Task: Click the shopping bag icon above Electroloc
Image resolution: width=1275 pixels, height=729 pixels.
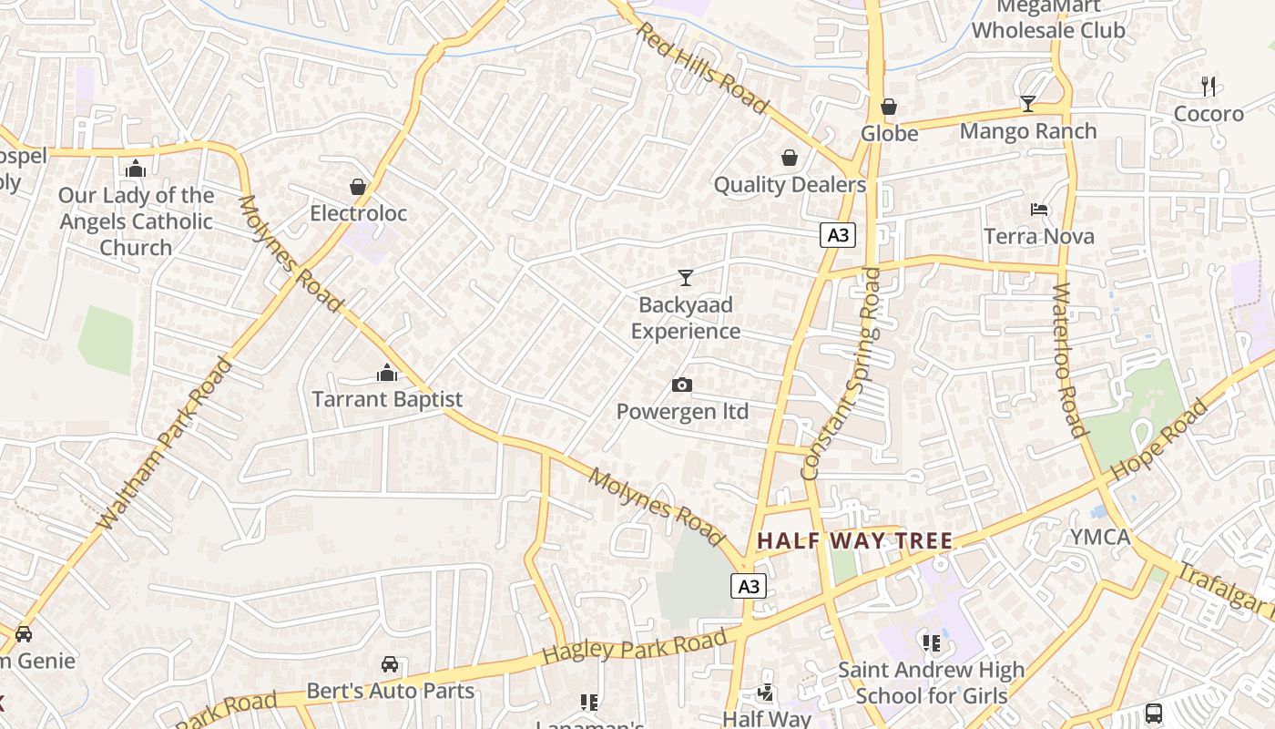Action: coord(358,187)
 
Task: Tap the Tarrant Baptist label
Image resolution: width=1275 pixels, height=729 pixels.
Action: coord(387,399)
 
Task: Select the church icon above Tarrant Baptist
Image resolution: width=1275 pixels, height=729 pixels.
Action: coord(387,373)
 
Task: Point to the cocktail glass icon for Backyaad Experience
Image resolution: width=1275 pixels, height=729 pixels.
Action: coord(686,278)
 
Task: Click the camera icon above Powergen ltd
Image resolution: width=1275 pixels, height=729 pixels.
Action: coord(681,385)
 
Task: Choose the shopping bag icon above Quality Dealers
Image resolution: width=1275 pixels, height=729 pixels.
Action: coord(790,159)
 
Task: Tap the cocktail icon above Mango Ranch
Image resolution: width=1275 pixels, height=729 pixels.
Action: coord(1028,104)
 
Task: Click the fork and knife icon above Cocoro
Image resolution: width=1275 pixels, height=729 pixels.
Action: coord(1209,87)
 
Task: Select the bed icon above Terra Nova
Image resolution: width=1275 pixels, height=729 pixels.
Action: coord(1039,210)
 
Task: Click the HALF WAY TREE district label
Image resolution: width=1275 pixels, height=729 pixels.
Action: coord(854,541)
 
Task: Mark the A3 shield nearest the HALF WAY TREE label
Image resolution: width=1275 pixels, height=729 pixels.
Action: coord(748,586)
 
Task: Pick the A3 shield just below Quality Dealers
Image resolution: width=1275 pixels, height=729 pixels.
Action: coord(837,235)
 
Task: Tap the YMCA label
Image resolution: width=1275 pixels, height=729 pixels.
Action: coord(1099,537)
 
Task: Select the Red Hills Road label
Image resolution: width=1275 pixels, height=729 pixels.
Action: coord(701,68)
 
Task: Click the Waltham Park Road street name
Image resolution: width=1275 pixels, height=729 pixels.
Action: coord(165,444)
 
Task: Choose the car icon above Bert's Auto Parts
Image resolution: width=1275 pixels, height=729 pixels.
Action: coord(390,664)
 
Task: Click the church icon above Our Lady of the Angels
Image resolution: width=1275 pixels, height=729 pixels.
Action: coord(136,169)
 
